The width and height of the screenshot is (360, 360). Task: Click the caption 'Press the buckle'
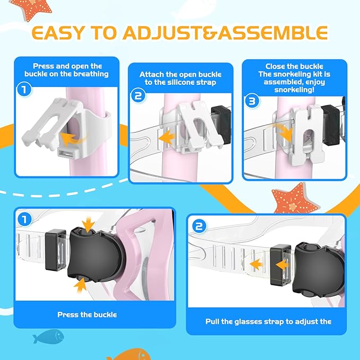(x=87, y=314)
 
